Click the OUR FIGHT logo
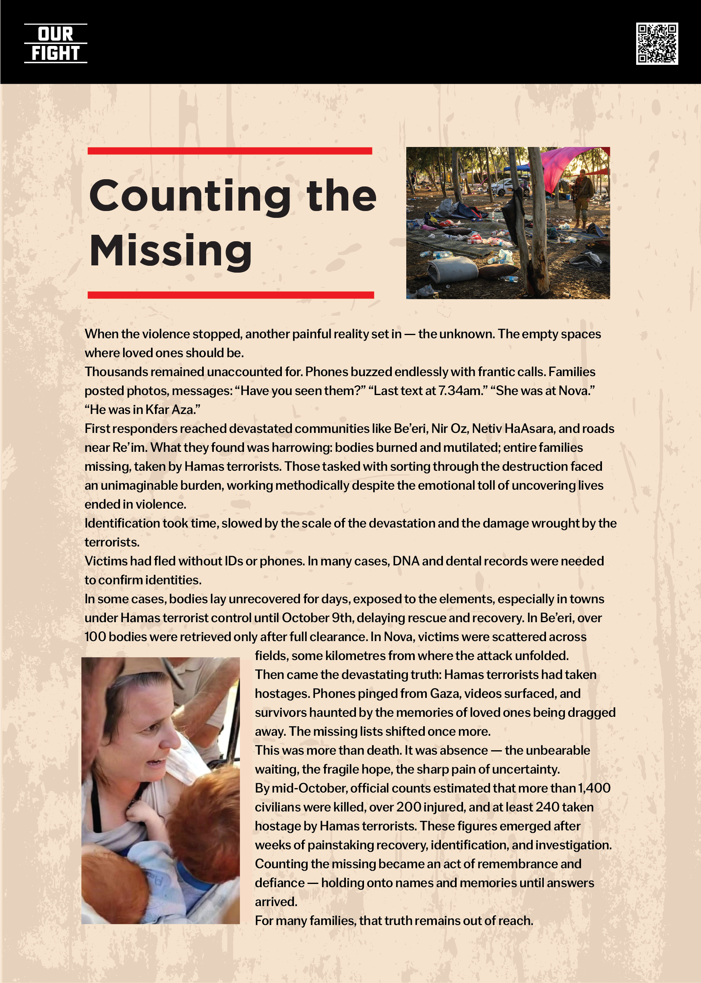[55, 43]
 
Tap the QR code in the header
[657, 43]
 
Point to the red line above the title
[230, 151]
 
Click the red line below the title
[230, 295]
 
